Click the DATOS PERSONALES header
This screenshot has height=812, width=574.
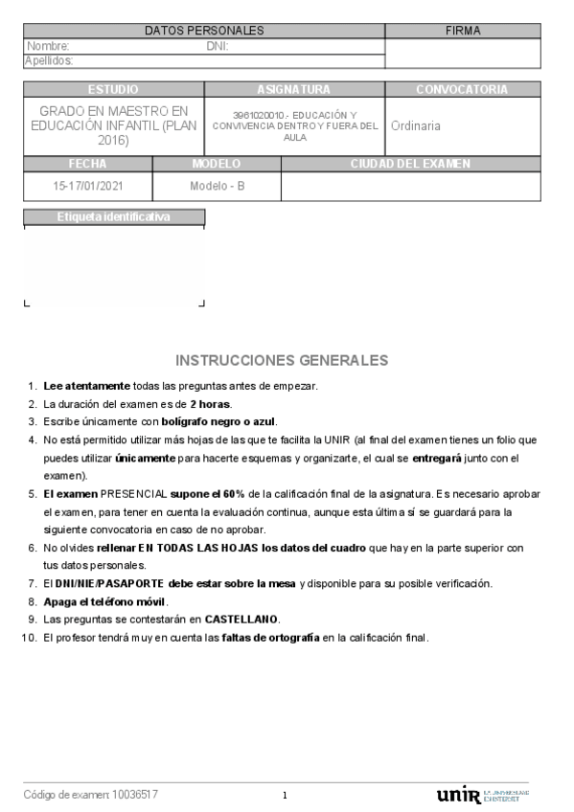[x=204, y=31]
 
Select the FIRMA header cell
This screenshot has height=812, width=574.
[x=463, y=31]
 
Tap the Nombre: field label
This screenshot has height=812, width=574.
[x=48, y=46]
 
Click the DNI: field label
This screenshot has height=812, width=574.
[x=217, y=46]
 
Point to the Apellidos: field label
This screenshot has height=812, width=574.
[x=50, y=60]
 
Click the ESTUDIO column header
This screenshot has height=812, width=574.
[x=112, y=89]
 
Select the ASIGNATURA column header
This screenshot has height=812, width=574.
[x=293, y=89]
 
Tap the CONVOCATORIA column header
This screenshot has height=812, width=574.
[x=462, y=89]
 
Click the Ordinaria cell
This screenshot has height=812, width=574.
[x=416, y=125]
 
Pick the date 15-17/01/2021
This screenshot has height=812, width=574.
[x=88, y=186]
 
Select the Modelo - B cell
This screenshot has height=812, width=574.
[x=218, y=186]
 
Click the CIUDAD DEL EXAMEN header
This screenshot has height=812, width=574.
[x=410, y=164]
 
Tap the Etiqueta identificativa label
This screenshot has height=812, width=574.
[x=114, y=217]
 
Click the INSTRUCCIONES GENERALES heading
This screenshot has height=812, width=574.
[x=282, y=361]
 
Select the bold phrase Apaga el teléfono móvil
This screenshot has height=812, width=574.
[x=105, y=601]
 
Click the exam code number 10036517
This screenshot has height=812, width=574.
[x=135, y=795]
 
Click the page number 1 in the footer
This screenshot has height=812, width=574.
[x=285, y=796]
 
